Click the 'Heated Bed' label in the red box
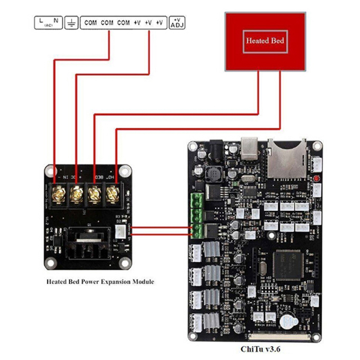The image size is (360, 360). tap(265, 41)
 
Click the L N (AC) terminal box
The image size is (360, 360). tap(49, 22)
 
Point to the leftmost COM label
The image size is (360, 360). tap(90, 22)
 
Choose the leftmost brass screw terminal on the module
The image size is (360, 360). tap(58, 194)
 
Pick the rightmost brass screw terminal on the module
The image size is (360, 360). tap(112, 194)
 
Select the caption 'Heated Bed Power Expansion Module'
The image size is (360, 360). tap(100, 282)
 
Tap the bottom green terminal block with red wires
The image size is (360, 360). tap(197, 231)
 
